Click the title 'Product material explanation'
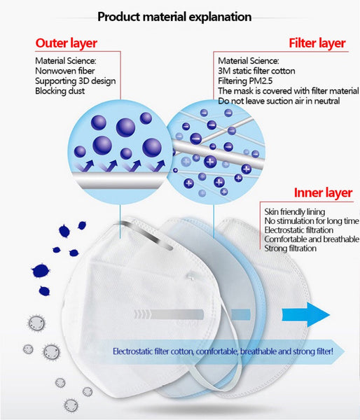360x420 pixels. click(x=174, y=17)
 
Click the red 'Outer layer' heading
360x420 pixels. click(x=67, y=43)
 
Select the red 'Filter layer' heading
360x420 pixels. click(x=317, y=43)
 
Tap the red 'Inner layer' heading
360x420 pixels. click(x=323, y=192)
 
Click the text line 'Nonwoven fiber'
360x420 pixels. click(x=65, y=71)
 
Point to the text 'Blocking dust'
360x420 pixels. click(x=60, y=91)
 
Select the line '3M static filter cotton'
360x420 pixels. click(x=256, y=71)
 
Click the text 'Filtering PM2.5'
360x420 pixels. click(x=245, y=81)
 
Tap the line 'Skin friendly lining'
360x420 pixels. click(x=295, y=211)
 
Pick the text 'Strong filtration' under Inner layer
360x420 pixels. click(x=290, y=248)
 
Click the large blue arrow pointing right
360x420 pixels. click(x=305, y=315)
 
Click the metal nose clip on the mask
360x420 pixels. click(x=145, y=235)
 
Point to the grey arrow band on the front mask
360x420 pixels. click(x=169, y=314)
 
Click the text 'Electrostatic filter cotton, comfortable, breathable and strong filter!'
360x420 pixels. click(x=223, y=351)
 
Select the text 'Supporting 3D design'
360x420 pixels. click(x=76, y=81)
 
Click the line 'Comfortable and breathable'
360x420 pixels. click(x=312, y=239)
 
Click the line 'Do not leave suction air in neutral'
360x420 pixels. click(x=279, y=101)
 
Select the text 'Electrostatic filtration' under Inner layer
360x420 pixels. click(x=299, y=230)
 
